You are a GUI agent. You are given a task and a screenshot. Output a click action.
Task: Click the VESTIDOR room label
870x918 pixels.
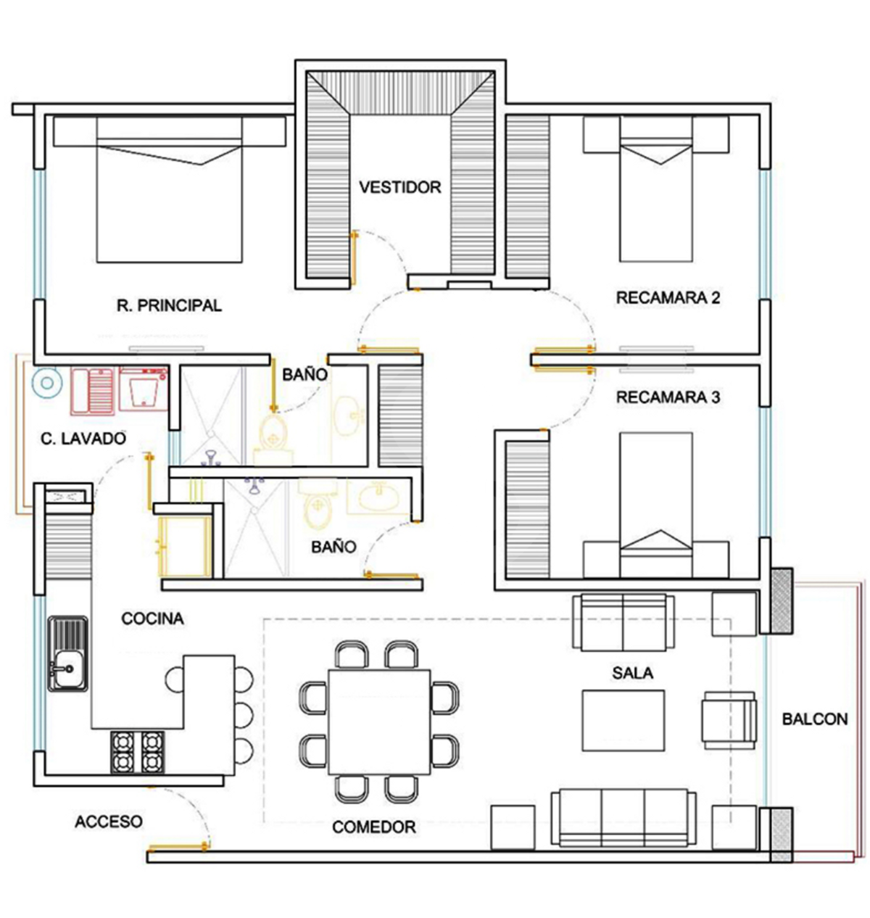(x=399, y=187)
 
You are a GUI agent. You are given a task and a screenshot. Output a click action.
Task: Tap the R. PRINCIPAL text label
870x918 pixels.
(x=169, y=305)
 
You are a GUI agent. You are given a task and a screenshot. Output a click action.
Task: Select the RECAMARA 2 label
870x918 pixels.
(x=668, y=297)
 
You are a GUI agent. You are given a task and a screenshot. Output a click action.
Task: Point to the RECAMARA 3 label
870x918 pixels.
(x=668, y=397)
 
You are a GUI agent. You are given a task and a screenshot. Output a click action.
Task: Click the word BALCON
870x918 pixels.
(x=815, y=719)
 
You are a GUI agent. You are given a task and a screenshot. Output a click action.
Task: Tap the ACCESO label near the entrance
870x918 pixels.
(x=108, y=822)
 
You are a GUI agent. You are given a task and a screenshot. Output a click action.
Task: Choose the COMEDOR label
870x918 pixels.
(x=373, y=827)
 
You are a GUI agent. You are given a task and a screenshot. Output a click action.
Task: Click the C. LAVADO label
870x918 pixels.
(x=83, y=439)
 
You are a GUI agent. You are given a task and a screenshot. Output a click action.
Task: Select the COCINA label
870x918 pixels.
(x=152, y=619)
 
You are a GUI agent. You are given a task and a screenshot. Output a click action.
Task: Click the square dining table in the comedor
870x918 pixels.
(x=378, y=722)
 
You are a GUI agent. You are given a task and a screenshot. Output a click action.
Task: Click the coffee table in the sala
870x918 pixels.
(x=623, y=721)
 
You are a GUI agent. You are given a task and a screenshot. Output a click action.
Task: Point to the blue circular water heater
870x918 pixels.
(x=46, y=383)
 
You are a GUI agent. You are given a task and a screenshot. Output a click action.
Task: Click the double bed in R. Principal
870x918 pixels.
(x=169, y=189)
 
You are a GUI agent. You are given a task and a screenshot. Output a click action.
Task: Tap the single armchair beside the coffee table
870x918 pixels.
(x=729, y=721)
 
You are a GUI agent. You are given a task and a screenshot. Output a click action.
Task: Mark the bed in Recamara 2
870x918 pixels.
(x=655, y=189)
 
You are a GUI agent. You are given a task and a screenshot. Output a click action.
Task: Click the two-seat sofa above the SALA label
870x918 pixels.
(x=623, y=622)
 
